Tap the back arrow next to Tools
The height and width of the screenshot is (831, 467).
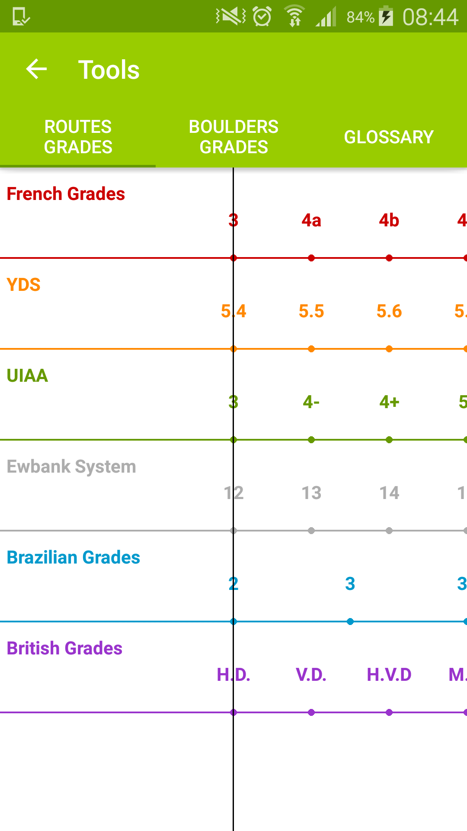(x=36, y=69)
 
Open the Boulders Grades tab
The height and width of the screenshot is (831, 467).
(x=233, y=137)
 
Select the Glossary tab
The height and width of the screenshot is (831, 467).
(x=389, y=137)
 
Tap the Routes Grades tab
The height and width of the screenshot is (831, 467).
(x=78, y=137)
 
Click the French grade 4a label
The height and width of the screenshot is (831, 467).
(x=311, y=220)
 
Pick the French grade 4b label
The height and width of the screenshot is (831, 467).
(x=389, y=220)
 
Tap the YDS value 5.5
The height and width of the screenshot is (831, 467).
(x=311, y=311)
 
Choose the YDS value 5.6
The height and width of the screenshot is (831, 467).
(x=389, y=311)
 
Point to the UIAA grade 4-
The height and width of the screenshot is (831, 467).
(x=311, y=402)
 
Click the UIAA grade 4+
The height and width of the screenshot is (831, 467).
(x=389, y=402)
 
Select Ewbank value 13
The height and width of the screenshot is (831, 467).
(x=311, y=493)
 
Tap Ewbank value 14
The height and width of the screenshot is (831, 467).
(x=389, y=493)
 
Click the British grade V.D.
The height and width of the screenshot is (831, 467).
(x=311, y=675)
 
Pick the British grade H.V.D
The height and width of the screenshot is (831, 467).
(x=389, y=675)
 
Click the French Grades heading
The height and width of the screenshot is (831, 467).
(x=66, y=194)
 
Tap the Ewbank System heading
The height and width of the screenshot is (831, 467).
(x=71, y=467)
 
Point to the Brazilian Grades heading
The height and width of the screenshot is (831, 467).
(x=74, y=557)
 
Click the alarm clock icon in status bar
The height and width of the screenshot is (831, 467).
(x=262, y=17)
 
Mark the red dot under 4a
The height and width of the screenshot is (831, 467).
(x=311, y=258)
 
